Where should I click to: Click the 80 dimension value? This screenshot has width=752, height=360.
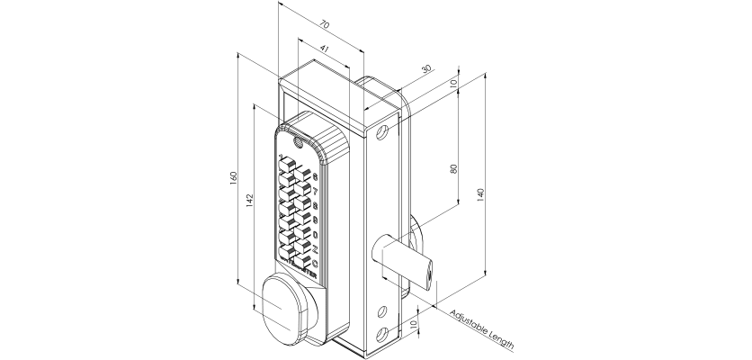[x=454, y=167]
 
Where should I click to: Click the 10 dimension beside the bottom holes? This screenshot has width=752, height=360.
[x=413, y=323]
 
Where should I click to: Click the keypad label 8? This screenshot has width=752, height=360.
[x=315, y=205]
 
